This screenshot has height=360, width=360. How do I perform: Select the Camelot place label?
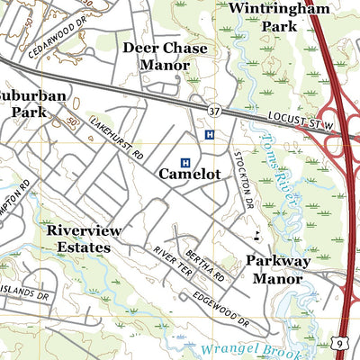[x=189, y=174]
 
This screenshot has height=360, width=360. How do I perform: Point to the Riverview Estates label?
[x=84, y=238]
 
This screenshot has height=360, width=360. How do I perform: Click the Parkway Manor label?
[x=279, y=269]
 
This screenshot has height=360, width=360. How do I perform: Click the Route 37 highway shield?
[x=212, y=110]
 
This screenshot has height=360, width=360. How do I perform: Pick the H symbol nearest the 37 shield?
[x=210, y=135]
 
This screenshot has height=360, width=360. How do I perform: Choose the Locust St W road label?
[x=301, y=120]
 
